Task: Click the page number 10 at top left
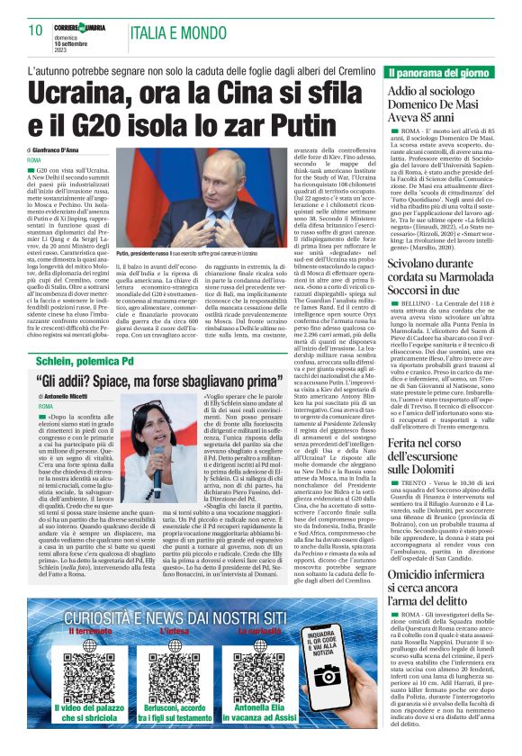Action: click(x=36, y=30)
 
